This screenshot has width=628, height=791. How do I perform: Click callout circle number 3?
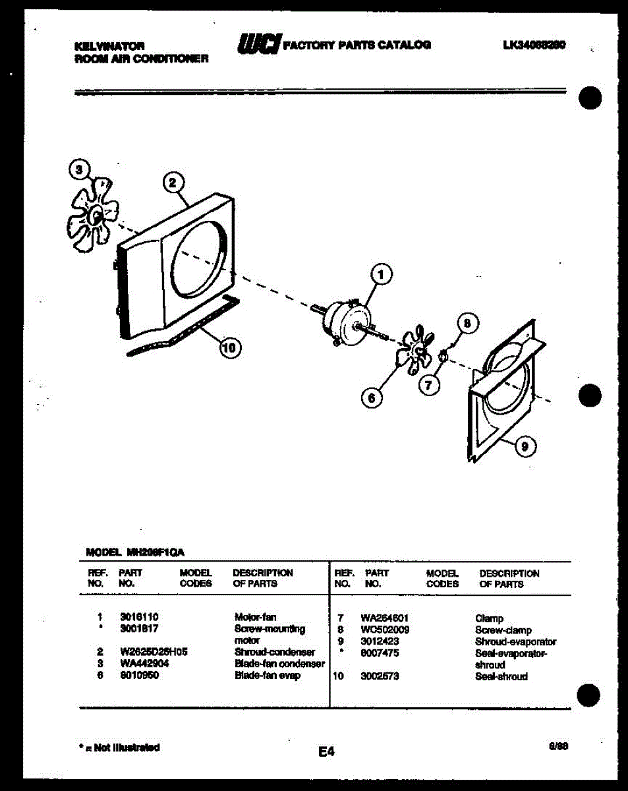click(x=80, y=169)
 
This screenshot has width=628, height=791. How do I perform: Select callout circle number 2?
click(x=173, y=183)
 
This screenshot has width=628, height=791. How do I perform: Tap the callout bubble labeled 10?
click(x=229, y=348)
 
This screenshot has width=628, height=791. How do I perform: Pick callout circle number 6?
click(x=372, y=397)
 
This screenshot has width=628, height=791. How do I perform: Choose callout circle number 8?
click(x=467, y=323)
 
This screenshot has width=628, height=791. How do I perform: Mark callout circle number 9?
click(x=525, y=448)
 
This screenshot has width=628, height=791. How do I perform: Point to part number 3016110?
click(x=138, y=618)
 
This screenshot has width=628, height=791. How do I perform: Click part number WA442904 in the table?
click(x=144, y=664)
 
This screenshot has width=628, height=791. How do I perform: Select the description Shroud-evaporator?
click(x=515, y=641)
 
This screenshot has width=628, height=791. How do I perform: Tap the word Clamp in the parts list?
click(x=489, y=618)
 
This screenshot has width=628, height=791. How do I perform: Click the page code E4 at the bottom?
click(x=326, y=751)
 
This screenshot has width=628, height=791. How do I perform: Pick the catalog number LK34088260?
click(x=534, y=45)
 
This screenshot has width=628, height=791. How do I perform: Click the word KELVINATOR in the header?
click(x=110, y=47)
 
